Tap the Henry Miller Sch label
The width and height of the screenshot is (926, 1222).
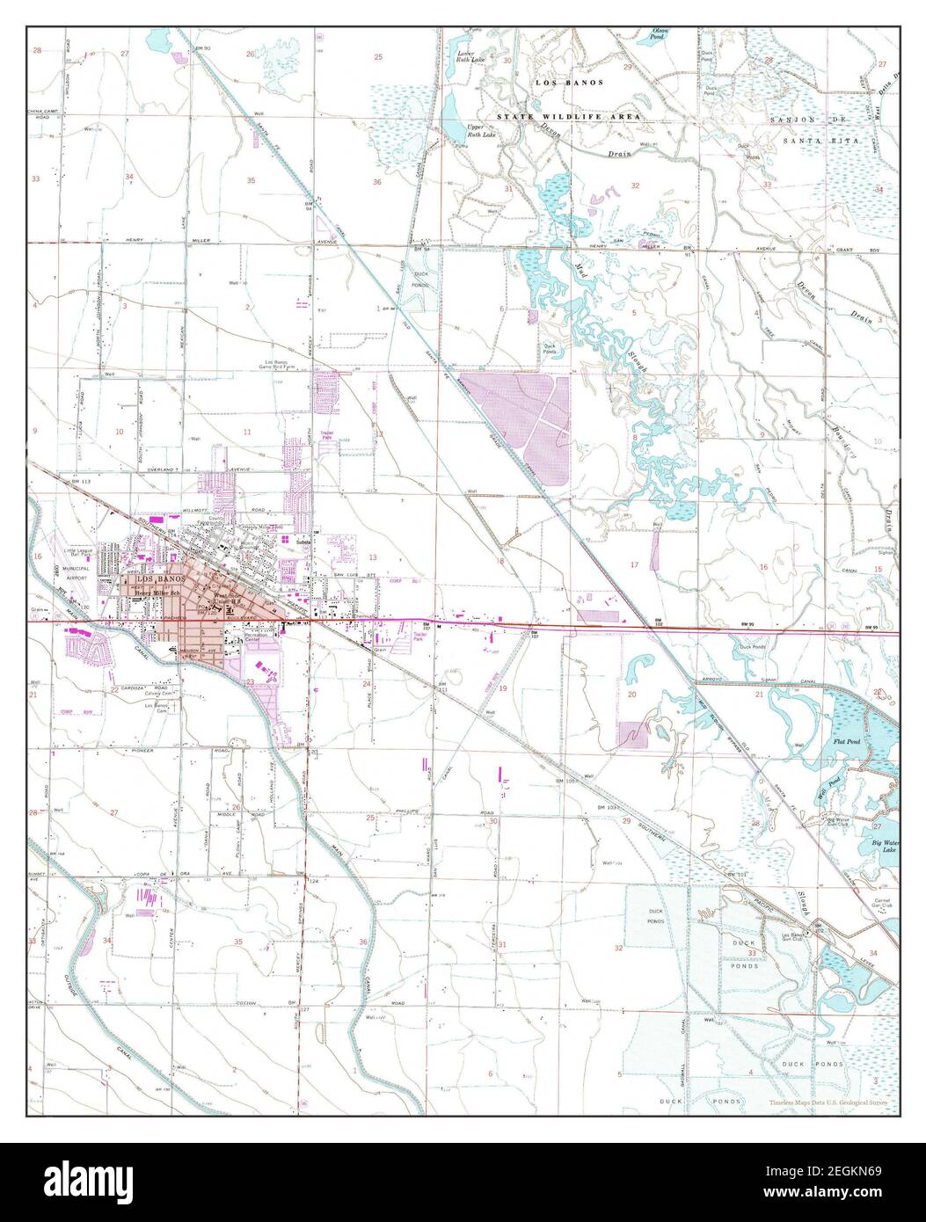click(x=156, y=593)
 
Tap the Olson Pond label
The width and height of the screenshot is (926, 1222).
click(x=682, y=34)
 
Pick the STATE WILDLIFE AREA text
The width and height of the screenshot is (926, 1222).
click(x=569, y=116)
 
